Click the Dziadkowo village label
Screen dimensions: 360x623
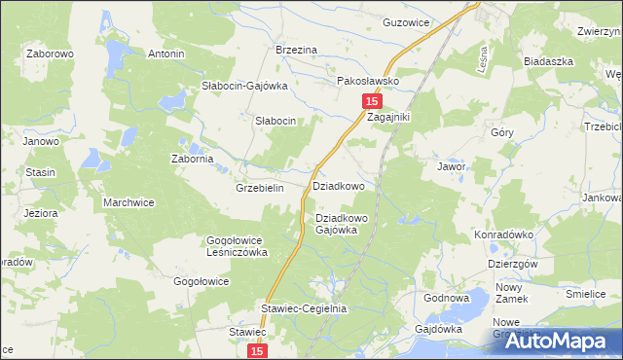pos(338,185)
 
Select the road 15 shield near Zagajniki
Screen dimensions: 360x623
pos(371,101)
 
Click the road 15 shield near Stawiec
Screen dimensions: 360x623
pos(256,350)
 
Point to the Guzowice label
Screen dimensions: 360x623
pos(407,21)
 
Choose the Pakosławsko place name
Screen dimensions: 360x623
pos(368,82)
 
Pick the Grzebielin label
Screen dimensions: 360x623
pos(259,188)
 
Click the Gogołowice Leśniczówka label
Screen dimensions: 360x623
pos(236,245)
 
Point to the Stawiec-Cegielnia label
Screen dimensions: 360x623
pos(303,308)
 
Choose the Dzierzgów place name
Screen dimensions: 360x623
pos(513,264)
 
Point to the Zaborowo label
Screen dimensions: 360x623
pos(51,54)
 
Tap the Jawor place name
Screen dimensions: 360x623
pos(451,166)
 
